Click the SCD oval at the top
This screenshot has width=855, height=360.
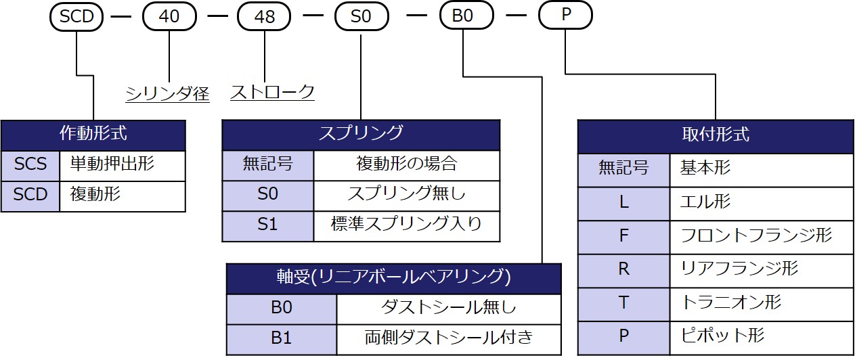tap(76, 16)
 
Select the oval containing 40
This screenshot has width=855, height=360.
tap(169, 16)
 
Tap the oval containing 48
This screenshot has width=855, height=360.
tap(264, 16)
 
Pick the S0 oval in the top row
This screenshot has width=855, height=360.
tap(361, 16)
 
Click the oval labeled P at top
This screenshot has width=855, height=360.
tap(565, 16)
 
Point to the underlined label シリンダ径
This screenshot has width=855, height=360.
tap(168, 93)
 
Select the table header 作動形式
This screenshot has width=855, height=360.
tap(93, 134)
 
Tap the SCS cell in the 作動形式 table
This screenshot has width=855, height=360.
tap(30, 165)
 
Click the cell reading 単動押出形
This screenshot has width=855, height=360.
tap(122, 165)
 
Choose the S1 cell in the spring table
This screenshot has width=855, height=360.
tap(268, 225)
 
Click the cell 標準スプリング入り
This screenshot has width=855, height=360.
tap(406, 225)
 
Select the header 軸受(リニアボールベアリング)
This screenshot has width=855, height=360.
tap(394, 277)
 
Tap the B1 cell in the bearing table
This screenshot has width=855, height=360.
tap(281, 338)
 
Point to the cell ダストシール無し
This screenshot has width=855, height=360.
tap(449, 308)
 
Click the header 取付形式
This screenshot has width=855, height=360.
tap(716, 134)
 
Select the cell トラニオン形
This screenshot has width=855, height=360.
tap(762, 302)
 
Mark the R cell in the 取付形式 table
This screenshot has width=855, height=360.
tap(623, 268)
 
